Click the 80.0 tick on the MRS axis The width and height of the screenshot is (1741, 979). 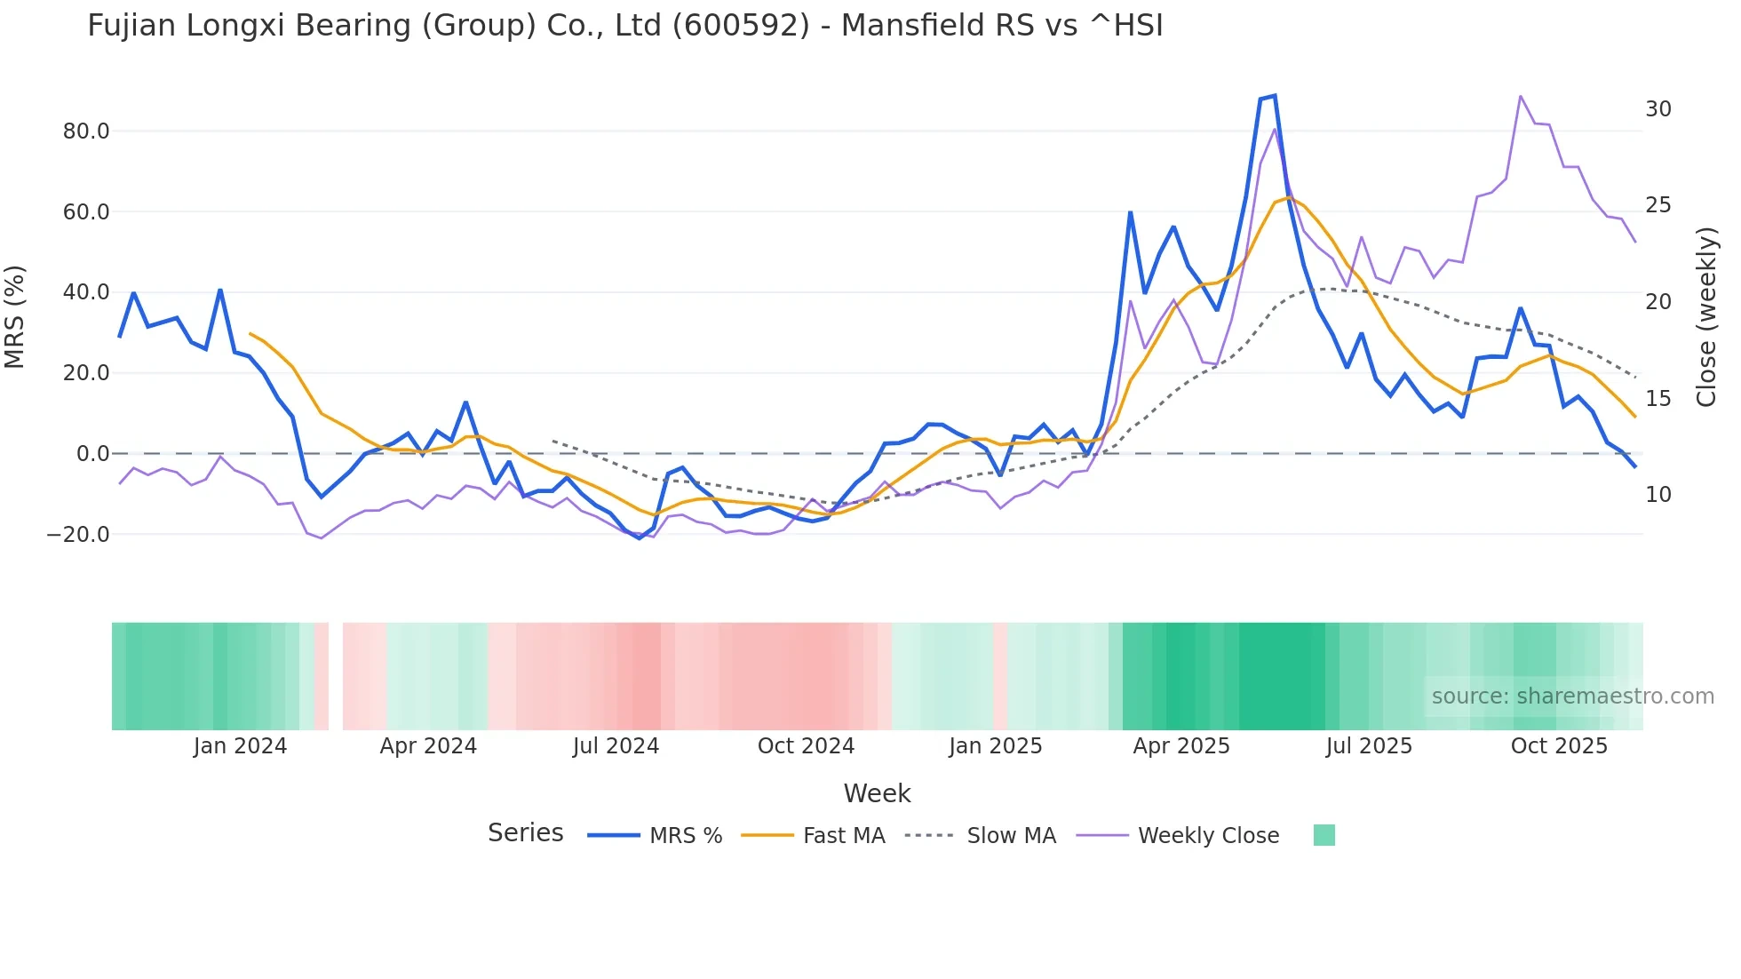[x=85, y=131]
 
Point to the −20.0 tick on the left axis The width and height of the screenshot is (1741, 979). [x=78, y=535]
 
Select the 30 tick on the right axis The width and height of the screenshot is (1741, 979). [x=1658, y=109]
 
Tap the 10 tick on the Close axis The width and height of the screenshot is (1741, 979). [x=1658, y=495]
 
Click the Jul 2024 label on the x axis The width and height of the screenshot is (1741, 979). [x=616, y=746]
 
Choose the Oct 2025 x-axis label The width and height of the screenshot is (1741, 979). [x=1559, y=746]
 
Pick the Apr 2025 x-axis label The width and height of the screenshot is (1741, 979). [x=1181, y=746]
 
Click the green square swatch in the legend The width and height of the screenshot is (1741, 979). [x=1324, y=836]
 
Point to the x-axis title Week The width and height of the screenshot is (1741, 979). [x=877, y=793]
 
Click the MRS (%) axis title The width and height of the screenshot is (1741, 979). [x=15, y=317]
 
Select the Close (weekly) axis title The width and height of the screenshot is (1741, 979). [x=1706, y=317]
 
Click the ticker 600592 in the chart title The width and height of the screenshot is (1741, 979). [x=740, y=26]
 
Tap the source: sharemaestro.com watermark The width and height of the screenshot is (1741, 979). [x=1572, y=696]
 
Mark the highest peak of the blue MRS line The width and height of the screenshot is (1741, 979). [x=1275, y=95]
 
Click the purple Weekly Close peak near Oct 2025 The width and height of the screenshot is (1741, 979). [x=1521, y=96]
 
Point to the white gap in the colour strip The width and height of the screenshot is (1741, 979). [x=336, y=677]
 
